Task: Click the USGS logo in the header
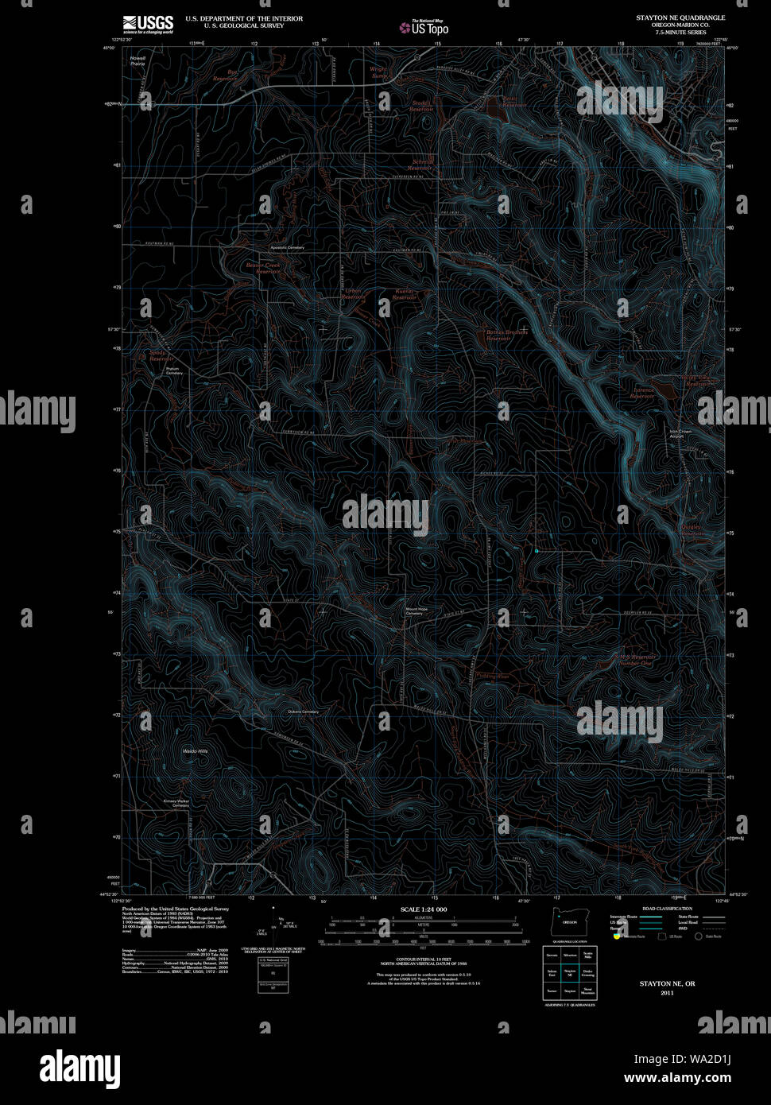(x=148, y=23)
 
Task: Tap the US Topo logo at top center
(x=424, y=27)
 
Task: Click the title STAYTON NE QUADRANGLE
(x=680, y=17)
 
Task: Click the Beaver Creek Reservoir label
(x=262, y=268)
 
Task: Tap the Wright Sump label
(x=379, y=72)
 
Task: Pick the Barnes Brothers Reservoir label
(x=506, y=335)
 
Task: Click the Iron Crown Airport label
(x=680, y=434)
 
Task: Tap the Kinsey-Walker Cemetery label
(x=176, y=803)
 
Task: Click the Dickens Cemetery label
(x=303, y=711)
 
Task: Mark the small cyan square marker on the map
(x=537, y=550)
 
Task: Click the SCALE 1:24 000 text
(x=424, y=909)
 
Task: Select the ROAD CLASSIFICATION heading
(x=667, y=909)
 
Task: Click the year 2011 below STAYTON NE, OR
(x=667, y=993)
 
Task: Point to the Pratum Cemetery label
(x=174, y=370)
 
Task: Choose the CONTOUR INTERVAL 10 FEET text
(x=424, y=960)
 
